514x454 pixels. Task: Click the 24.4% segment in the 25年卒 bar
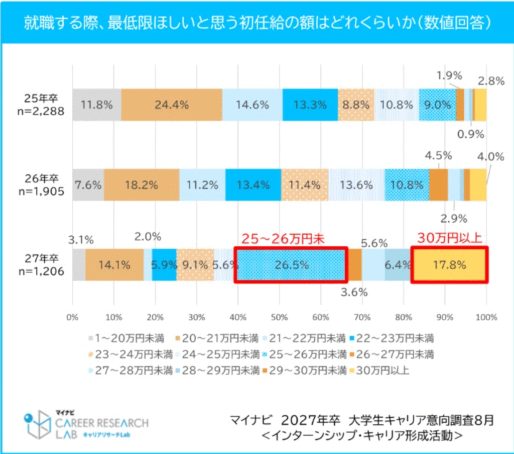tap(172, 105)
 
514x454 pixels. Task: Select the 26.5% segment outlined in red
tap(291, 264)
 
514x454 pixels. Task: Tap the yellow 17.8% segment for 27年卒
tap(449, 264)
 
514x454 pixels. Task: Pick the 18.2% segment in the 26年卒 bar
tap(142, 185)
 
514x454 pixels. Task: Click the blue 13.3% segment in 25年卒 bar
tap(310, 105)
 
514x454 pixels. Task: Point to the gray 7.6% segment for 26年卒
tap(88, 185)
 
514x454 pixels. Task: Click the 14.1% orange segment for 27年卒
tap(114, 264)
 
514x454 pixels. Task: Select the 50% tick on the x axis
tap(279, 318)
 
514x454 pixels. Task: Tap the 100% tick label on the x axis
tap(486, 318)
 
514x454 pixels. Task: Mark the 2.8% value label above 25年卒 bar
tap(491, 80)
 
